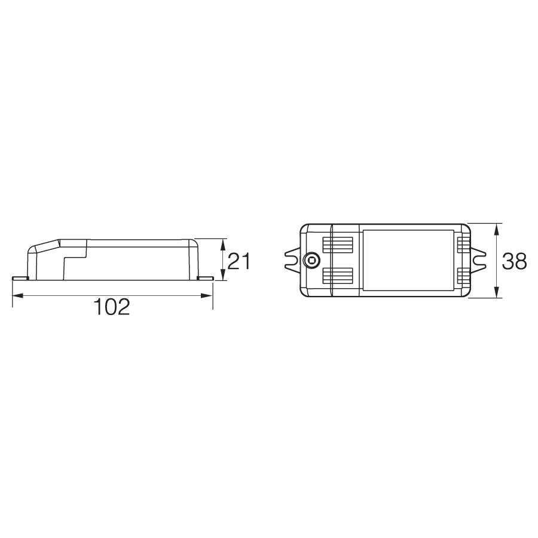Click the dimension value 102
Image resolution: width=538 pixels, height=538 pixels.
click(x=112, y=307)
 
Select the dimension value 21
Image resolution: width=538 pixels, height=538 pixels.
click(x=239, y=261)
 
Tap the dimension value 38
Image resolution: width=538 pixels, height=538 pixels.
click(x=514, y=261)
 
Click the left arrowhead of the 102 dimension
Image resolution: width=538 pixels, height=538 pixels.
click(x=18, y=295)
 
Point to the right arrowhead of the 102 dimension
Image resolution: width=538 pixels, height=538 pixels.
click(x=207, y=295)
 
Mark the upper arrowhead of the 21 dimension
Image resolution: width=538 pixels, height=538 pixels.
click(x=223, y=244)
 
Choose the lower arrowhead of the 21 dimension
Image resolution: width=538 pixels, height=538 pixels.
click(x=223, y=274)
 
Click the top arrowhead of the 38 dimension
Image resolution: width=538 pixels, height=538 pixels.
click(x=497, y=230)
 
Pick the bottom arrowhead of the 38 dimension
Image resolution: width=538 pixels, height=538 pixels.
click(x=497, y=292)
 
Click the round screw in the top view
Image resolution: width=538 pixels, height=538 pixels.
click(x=311, y=261)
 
